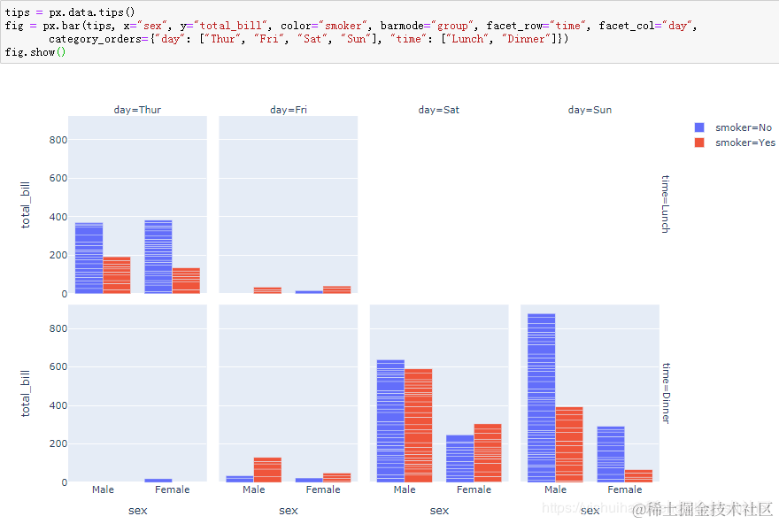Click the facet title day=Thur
[x=137, y=110]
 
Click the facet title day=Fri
[x=289, y=110]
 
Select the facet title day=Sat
[x=439, y=110]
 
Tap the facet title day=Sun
[x=590, y=110]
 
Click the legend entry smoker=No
[x=743, y=127]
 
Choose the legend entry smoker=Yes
[x=744, y=143]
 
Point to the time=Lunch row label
[x=666, y=204]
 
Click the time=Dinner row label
[x=666, y=392]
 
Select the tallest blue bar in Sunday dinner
[x=542, y=398]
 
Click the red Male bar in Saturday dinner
[x=419, y=425]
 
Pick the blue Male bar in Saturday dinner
[x=390, y=420]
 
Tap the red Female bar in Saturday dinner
[x=488, y=452]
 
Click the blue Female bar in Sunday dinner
[x=611, y=454]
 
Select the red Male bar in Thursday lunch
[x=117, y=275]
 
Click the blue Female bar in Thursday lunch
[x=158, y=257]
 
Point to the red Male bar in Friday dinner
[x=267, y=470]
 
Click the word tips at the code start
[x=17, y=12]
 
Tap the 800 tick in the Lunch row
[x=58, y=140]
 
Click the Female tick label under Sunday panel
[x=625, y=489]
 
